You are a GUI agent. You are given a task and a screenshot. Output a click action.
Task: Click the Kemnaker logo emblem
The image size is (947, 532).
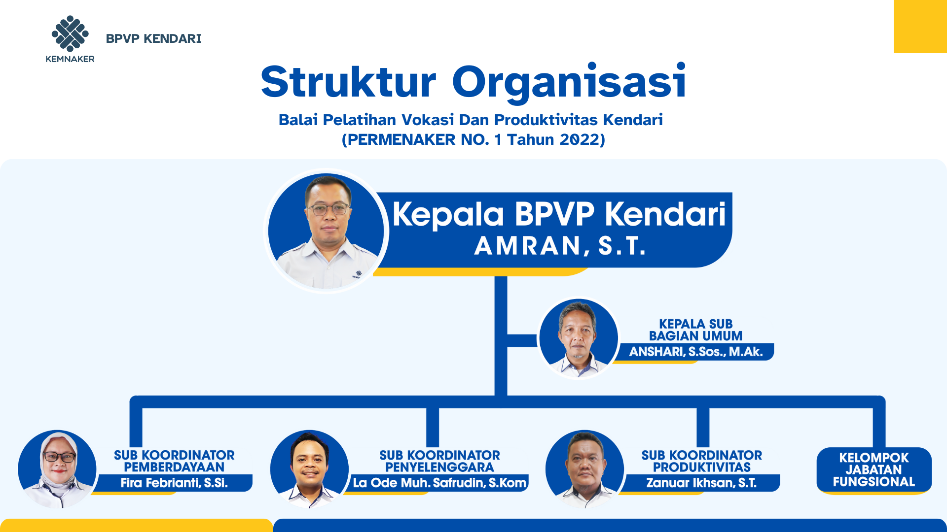click(x=70, y=33)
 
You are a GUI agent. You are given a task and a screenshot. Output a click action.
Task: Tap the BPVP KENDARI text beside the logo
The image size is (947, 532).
click(x=153, y=38)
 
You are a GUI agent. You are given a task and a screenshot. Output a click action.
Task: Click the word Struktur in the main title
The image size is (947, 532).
click(x=348, y=81)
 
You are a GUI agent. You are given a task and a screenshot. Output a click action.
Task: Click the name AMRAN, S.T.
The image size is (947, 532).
click(x=560, y=245)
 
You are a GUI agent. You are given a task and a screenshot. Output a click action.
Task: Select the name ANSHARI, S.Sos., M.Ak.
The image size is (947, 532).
click(x=695, y=352)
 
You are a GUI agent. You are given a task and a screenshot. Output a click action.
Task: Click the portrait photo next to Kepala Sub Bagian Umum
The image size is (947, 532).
click(x=579, y=338)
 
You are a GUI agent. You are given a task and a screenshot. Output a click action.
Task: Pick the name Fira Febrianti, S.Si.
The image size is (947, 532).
click(x=174, y=483)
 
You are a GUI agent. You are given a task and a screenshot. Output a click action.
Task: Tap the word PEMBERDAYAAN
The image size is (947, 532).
click(x=174, y=467)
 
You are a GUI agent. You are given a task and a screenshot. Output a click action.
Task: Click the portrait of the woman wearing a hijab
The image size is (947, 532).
click(x=57, y=469)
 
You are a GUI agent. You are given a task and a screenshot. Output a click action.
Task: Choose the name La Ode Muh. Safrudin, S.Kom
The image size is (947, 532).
click(x=439, y=483)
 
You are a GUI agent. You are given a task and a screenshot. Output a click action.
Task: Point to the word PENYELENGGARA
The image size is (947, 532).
click(x=439, y=467)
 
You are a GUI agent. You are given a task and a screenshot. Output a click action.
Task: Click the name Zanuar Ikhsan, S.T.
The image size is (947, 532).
click(x=701, y=483)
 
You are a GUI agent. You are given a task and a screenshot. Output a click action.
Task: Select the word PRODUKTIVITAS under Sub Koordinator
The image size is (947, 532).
click(x=702, y=467)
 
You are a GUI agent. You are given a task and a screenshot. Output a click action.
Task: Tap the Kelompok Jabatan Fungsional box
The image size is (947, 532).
click(x=874, y=470)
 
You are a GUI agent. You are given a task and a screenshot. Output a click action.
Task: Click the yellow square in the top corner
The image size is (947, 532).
click(x=920, y=27)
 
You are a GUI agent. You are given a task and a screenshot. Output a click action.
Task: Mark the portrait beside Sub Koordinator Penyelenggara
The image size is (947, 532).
click(x=310, y=469)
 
